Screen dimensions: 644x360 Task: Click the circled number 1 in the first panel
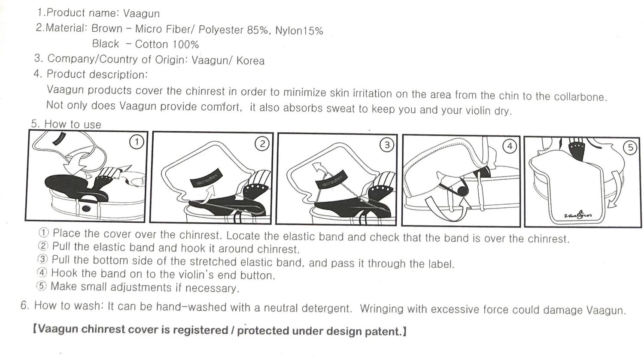point(137,142)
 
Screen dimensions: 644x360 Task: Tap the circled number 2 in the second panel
point(262,144)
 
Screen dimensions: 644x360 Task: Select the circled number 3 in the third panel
point(387,145)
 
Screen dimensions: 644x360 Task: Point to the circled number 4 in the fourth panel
point(510,146)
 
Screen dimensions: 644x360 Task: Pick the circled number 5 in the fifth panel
point(630,148)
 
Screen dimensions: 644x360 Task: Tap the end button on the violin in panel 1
point(86,208)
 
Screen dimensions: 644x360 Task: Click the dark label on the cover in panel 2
point(207,178)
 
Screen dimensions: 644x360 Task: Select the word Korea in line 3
point(250,61)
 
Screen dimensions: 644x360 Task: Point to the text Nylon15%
point(299,30)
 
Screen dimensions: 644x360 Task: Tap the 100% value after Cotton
point(185,45)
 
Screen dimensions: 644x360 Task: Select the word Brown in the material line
point(107,28)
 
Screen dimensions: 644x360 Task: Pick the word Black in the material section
point(106,44)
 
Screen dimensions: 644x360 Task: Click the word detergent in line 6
point(327,309)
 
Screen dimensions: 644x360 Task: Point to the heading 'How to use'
point(73,124)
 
